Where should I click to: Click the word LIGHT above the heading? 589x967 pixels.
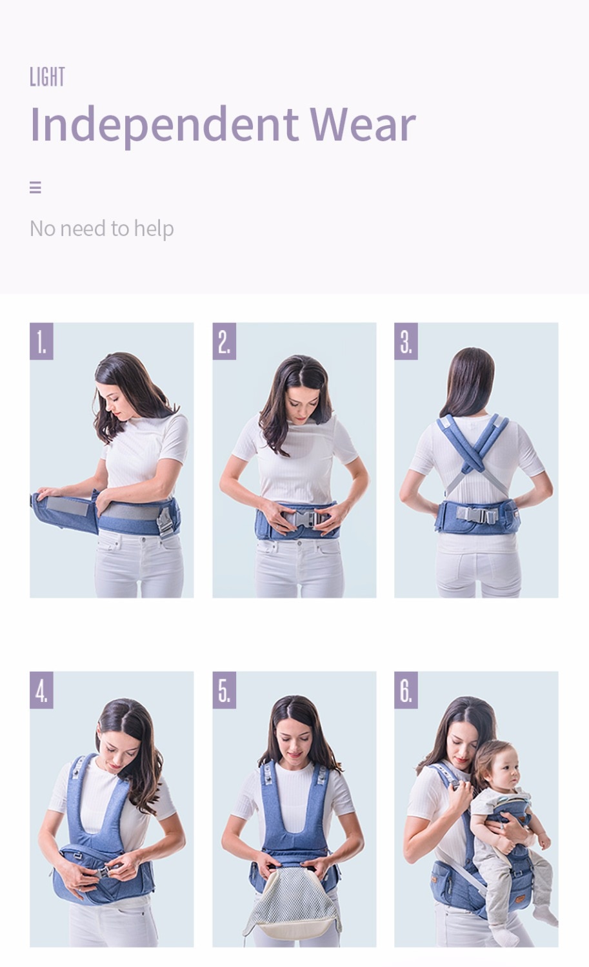point(47,77)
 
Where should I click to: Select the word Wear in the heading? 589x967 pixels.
point(363,124)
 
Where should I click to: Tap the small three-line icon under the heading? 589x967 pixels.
point(35,188)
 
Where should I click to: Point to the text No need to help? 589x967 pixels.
point(101,228)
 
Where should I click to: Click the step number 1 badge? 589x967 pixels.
point(41,341)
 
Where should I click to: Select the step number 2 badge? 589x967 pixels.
point(224,341)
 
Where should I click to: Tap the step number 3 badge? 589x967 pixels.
point(406,341)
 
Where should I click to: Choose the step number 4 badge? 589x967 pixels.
point(41,690)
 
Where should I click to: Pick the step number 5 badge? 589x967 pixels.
point(224,690)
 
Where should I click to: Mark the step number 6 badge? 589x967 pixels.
point(406,690)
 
